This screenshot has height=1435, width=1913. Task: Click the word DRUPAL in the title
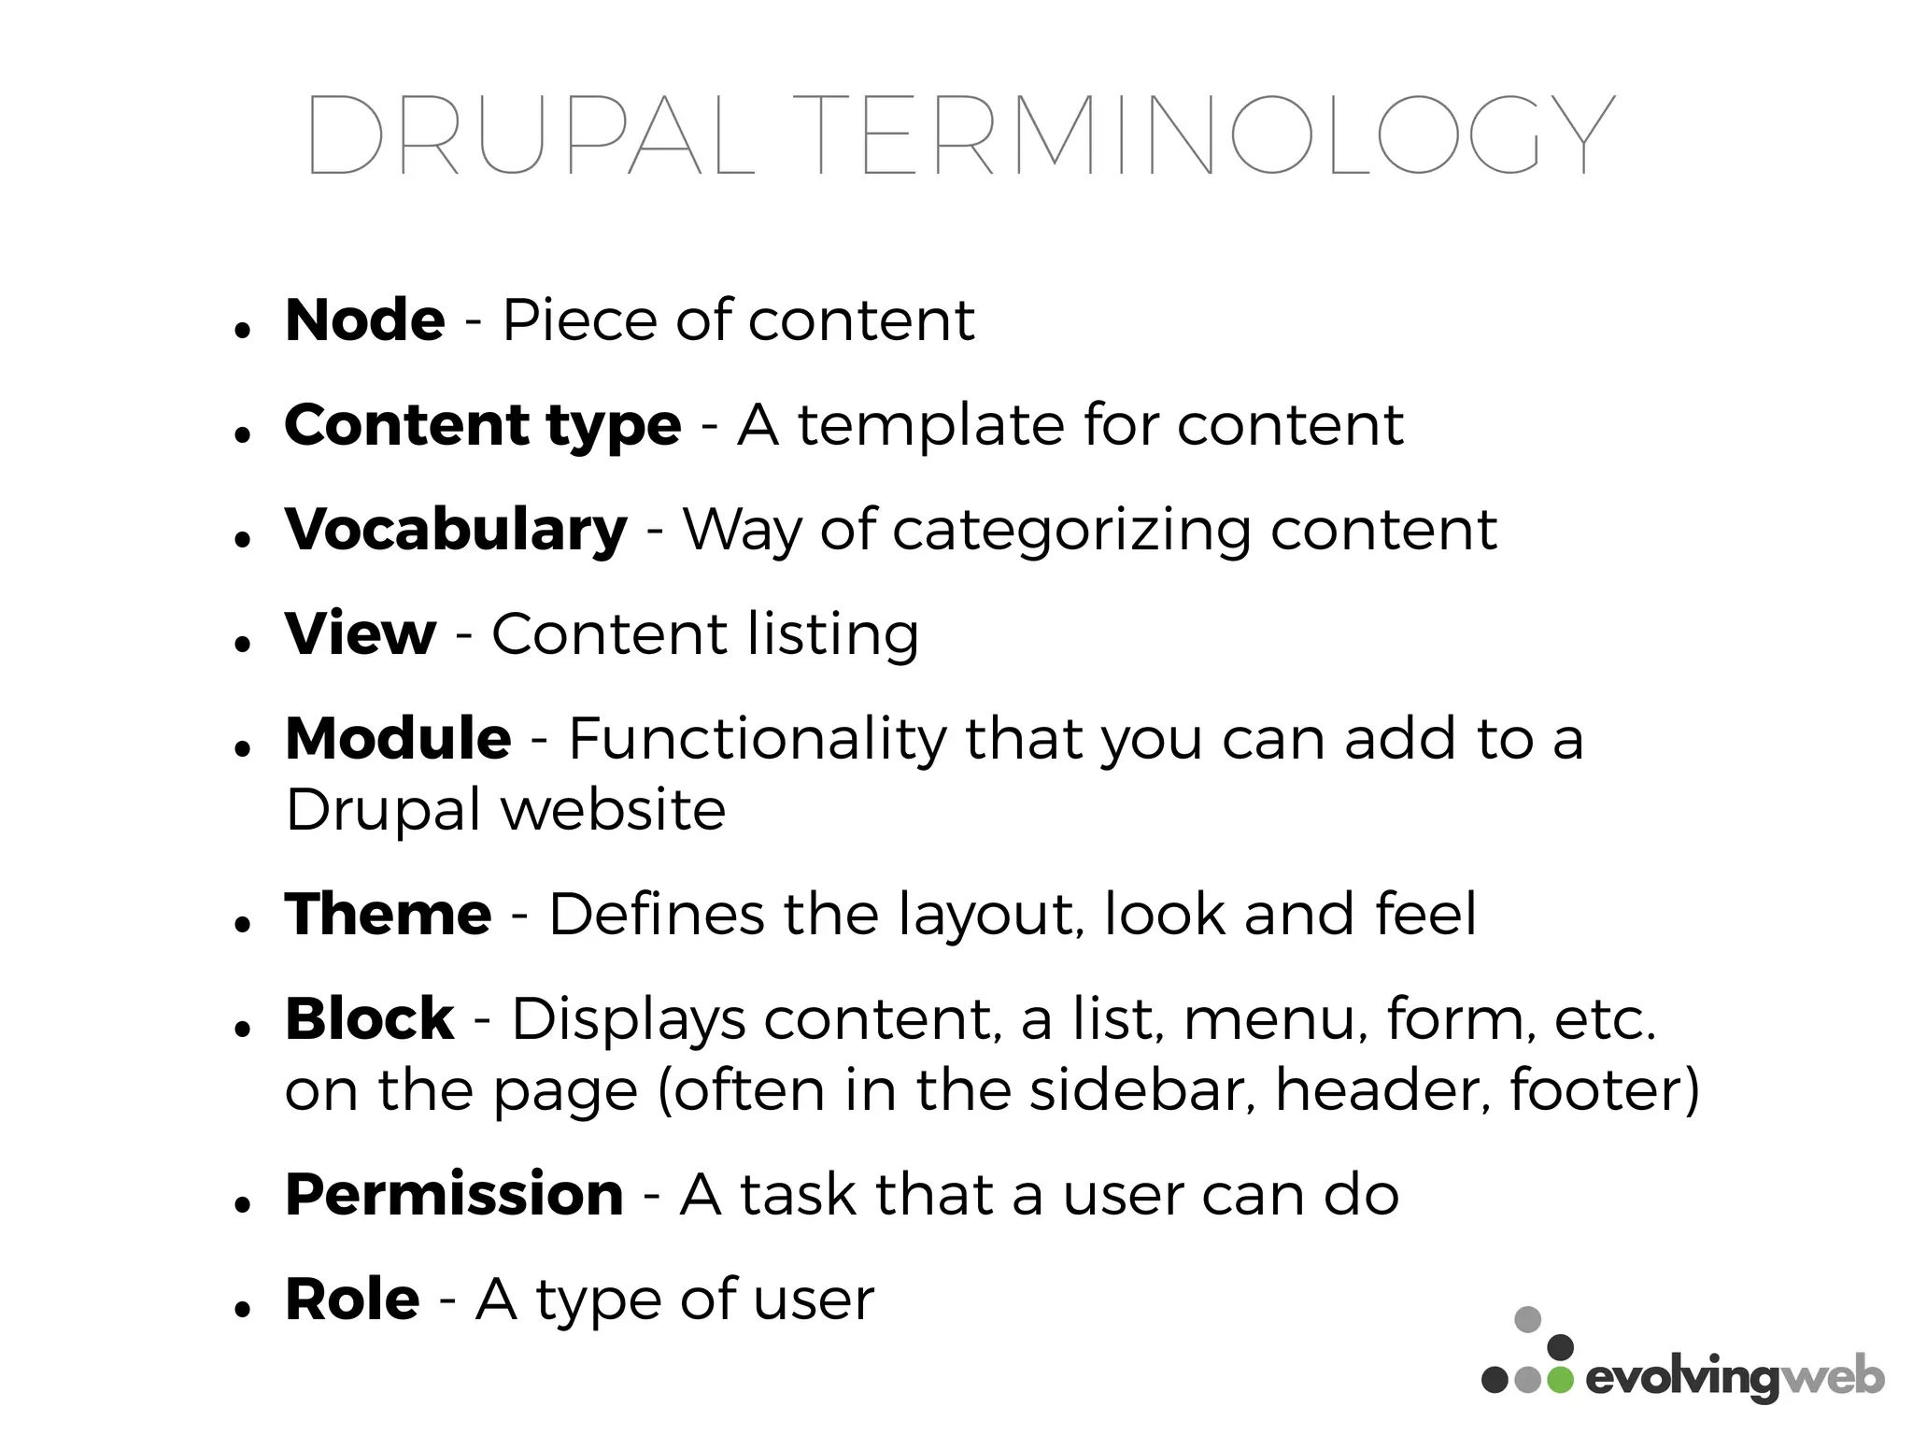click(x=530, y=135)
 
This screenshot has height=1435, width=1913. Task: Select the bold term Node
click(x=365, y=320)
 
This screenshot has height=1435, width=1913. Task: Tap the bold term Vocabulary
click(x=456, y=530)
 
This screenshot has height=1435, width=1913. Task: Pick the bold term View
click(x=361, y=634)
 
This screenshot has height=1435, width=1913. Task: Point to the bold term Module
click(x=398, y=739)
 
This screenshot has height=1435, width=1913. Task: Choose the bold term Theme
click(x=388, y=914)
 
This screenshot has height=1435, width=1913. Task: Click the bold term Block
click(x=369, y=1018)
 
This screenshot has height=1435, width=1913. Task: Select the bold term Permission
click(x=454, y=1195)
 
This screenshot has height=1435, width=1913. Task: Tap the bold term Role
click(x=352, y=1300)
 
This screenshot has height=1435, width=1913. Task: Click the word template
click(x=930, y=426)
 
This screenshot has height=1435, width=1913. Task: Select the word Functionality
click(x=757, y=739)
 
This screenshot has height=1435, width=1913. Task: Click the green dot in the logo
click(x=1559, y=1380)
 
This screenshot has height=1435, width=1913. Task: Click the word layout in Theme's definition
click(x=991, y=916)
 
